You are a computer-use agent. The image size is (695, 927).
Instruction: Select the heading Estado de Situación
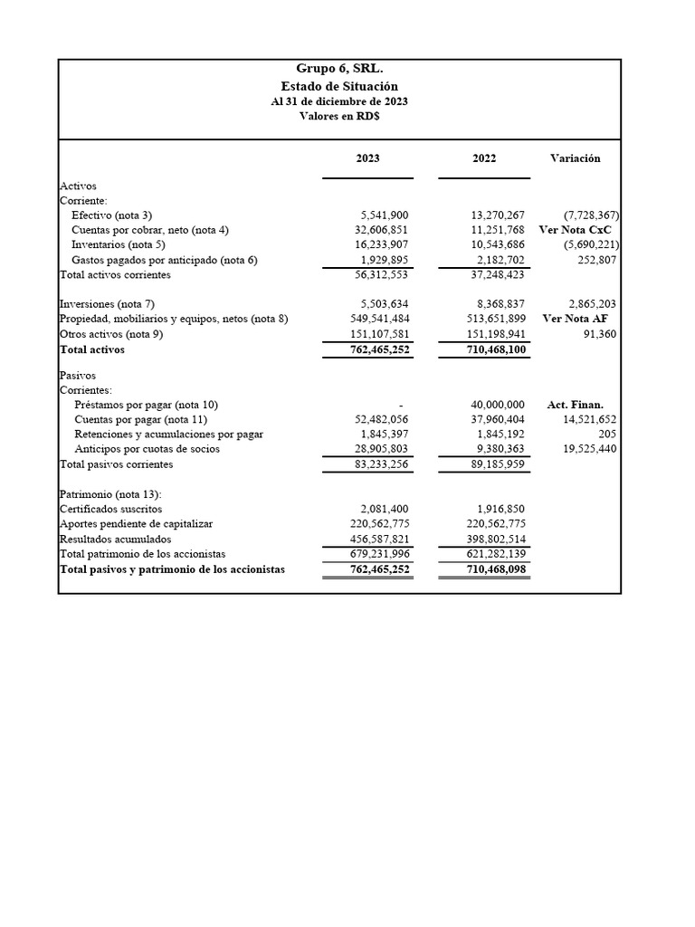coord(339,86)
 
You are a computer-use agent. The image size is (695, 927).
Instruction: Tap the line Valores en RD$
coord(339,118)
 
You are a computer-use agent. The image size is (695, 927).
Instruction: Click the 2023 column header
coord(367,158)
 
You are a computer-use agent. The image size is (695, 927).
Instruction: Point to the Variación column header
coord(575,158)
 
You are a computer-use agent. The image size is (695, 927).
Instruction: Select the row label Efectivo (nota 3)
coord(112,215)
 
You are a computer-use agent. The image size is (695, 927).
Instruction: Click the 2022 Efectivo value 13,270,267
coord(491,215)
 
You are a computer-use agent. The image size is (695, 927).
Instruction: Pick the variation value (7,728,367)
coord(591,215)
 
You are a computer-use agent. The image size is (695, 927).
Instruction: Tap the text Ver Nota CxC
coord(575,230)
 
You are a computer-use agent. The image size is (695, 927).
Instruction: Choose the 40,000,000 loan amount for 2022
coord(494,405)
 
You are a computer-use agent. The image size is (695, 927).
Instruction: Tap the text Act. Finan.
coord(575,405)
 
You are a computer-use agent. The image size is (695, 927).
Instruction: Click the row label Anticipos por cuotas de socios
coord(147,449)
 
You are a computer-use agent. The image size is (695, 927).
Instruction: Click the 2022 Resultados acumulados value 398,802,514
coord(490,539)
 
